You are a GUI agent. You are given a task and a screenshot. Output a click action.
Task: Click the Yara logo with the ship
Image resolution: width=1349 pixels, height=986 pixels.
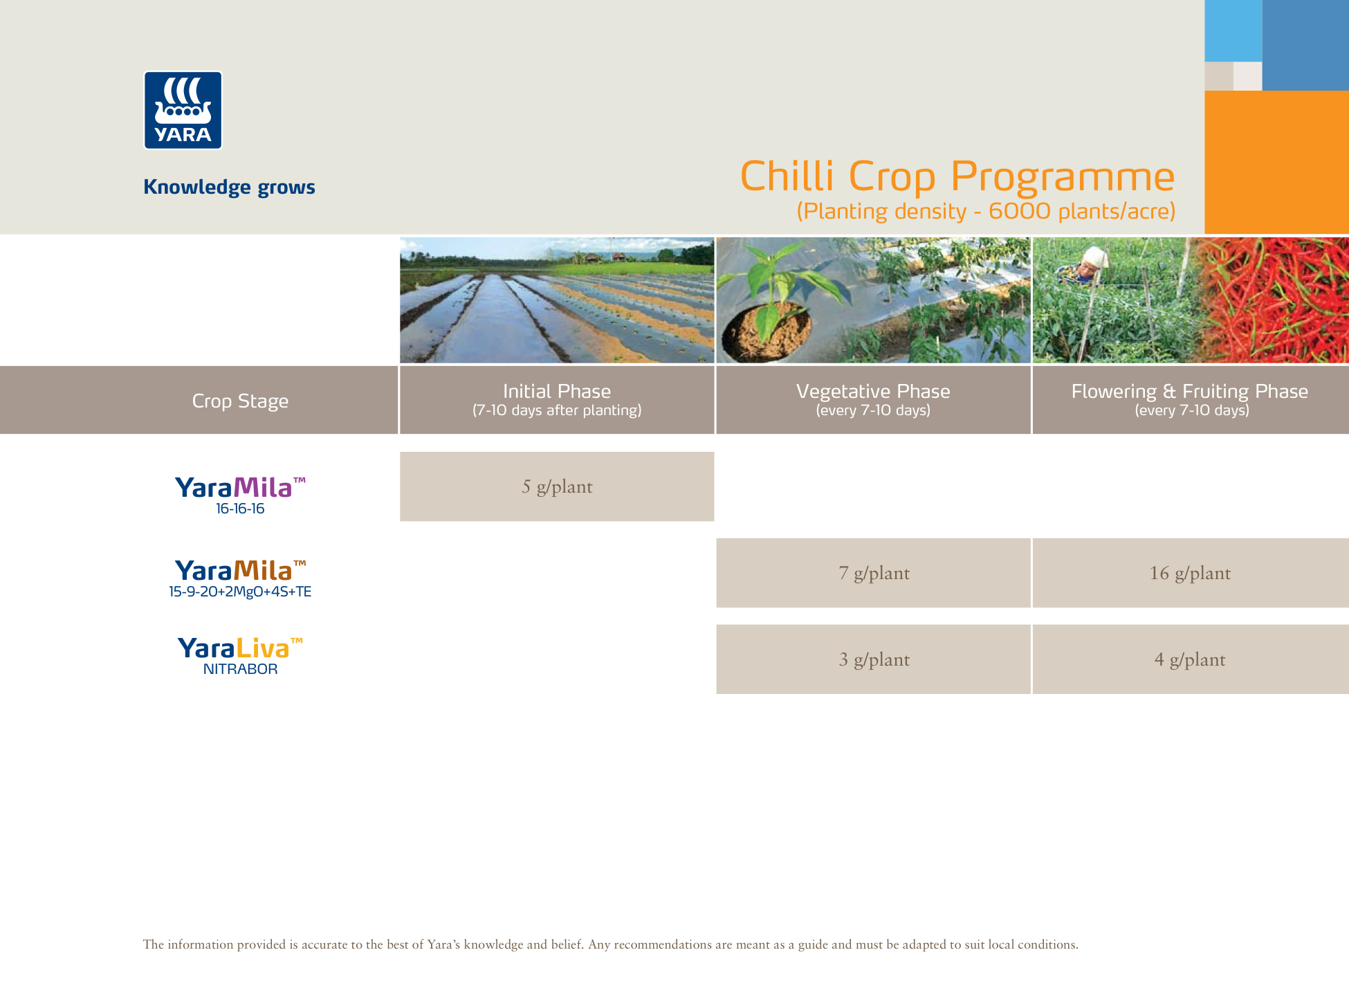[x=183, y=110]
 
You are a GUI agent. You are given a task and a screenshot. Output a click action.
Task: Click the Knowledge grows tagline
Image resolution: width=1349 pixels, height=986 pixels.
[x=229, y=187]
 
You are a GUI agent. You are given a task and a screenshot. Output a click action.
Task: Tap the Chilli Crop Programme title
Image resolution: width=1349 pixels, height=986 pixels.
[x=957, y=176]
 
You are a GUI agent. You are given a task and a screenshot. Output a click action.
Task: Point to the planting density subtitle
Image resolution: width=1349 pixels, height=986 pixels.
[x=986, y=211]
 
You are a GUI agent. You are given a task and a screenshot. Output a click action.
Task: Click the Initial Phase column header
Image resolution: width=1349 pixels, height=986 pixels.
[x=557, y=400]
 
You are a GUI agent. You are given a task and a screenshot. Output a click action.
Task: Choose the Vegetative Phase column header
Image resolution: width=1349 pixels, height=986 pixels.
[x=873, y=400]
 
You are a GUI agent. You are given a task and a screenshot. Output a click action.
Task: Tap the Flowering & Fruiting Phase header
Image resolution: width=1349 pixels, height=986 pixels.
[x=1191, y=400]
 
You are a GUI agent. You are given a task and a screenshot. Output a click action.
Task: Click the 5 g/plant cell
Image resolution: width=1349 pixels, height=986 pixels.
[x=557, y=486]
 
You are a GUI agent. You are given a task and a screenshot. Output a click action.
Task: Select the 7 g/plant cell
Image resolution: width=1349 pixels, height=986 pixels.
[x=873, y=573]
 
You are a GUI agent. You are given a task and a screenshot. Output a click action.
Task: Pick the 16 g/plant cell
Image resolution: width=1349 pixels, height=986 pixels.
[x=1191, y=573]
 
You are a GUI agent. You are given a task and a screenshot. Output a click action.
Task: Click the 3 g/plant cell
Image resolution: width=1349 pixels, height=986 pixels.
[x=873, y=659]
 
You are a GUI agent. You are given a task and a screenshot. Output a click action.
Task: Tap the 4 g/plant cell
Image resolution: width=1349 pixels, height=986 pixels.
[x=1191, y=659]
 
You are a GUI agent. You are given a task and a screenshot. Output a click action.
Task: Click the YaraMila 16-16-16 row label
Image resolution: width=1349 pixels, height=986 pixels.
[x=240, y=495]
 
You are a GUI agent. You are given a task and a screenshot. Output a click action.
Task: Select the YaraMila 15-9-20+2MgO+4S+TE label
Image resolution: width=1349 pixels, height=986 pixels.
[x=240, y=578]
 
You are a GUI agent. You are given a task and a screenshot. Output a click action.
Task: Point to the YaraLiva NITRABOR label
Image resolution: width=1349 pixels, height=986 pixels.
[x=240, y=656]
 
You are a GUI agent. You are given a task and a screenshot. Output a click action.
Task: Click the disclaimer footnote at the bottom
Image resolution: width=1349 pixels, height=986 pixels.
[x=610, y=944]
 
